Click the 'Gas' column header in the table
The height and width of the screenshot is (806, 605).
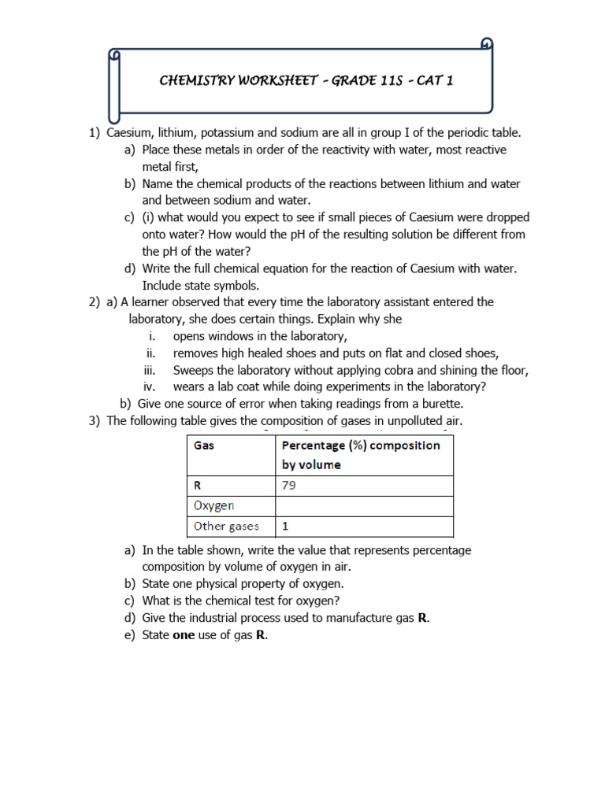[x=204, y=446]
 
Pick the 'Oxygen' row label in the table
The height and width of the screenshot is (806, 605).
[x=213, y=505]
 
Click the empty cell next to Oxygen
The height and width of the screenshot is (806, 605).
[x=364, y=505]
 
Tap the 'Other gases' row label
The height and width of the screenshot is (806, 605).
[x=226, y=526]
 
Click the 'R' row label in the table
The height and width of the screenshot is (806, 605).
[x=198, y=486]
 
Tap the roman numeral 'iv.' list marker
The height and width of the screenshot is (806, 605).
[x=150, y=386]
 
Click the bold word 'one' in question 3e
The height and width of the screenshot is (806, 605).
[x=183, y=635]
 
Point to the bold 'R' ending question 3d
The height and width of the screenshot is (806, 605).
[x=423, y=618]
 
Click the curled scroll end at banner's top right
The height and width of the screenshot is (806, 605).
[x=488, y=43]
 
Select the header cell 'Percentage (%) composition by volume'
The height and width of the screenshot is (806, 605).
[x=364, y=455]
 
